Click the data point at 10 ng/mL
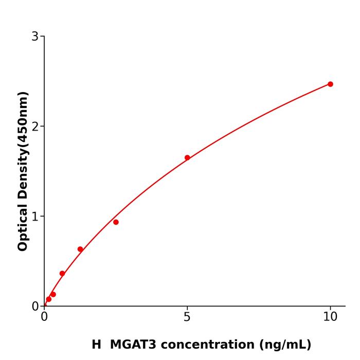pyautogui.click(x=330, y=84)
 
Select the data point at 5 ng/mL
pyautogui.click(x=187, y=158)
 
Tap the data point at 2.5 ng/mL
pyautogui.click(x=116, y=222)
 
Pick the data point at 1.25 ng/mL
pyautogui.click(x=80, y=249)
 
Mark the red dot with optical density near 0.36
pyautogui.click(x=62, y=274)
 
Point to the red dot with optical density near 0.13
pyautogui.click(x=53, y=295)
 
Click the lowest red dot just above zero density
pyautogui.click(x=49, y=299)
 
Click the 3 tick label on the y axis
pyautogui.click(x=35, y=37)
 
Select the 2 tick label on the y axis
pyautogui.click(x=35, y=127)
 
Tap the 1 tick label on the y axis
pyautogui.click(x=35, y=217)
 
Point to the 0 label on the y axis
pyautogui.click(x=35, y=307)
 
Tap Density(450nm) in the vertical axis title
pyautogui.click(x=23, y=146)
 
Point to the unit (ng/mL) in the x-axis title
pyautogui.click(x=285, y=345)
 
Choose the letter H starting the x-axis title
pyautogui.click(x=96, y=345)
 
